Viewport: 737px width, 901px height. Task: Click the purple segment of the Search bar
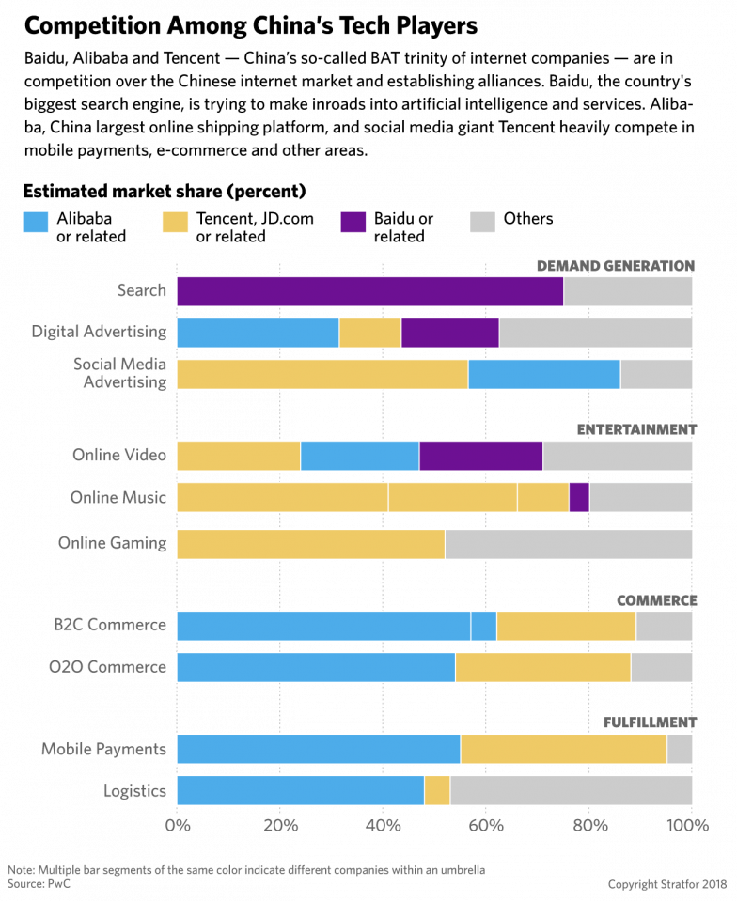[x=369, y=291]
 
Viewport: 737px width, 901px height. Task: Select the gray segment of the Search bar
[x=628, y=291]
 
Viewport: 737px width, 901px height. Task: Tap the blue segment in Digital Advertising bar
[x=258, y=334]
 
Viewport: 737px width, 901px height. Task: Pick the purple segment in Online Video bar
[x=480, y=456]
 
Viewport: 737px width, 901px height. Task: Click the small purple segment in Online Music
[x=579, y=497]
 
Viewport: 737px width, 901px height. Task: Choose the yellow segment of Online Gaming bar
[x=310, y=544]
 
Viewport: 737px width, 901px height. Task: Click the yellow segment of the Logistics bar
[x=437, y=790]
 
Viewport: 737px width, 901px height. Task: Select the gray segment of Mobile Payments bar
[x=680, y=749]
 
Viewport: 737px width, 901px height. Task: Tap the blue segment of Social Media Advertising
[x=543, y=374]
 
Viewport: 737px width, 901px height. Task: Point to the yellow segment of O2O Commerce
[x=542, y=667]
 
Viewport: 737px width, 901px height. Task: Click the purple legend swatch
[x=353, y=222]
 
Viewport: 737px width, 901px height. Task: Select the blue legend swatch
[x=36, y=222]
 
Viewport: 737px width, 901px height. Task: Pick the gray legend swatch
[x=482, y=222]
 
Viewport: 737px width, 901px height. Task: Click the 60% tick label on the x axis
[x=486, y=826]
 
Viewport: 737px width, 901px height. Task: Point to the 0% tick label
[x=178, y=826]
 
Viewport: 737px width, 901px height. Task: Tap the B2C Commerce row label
[x=111, y=626]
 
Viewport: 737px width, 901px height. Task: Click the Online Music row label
[x=118, y=497]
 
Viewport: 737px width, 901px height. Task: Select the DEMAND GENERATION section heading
[x=615, y=266]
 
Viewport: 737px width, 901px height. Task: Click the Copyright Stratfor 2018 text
[x=667, y=884]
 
